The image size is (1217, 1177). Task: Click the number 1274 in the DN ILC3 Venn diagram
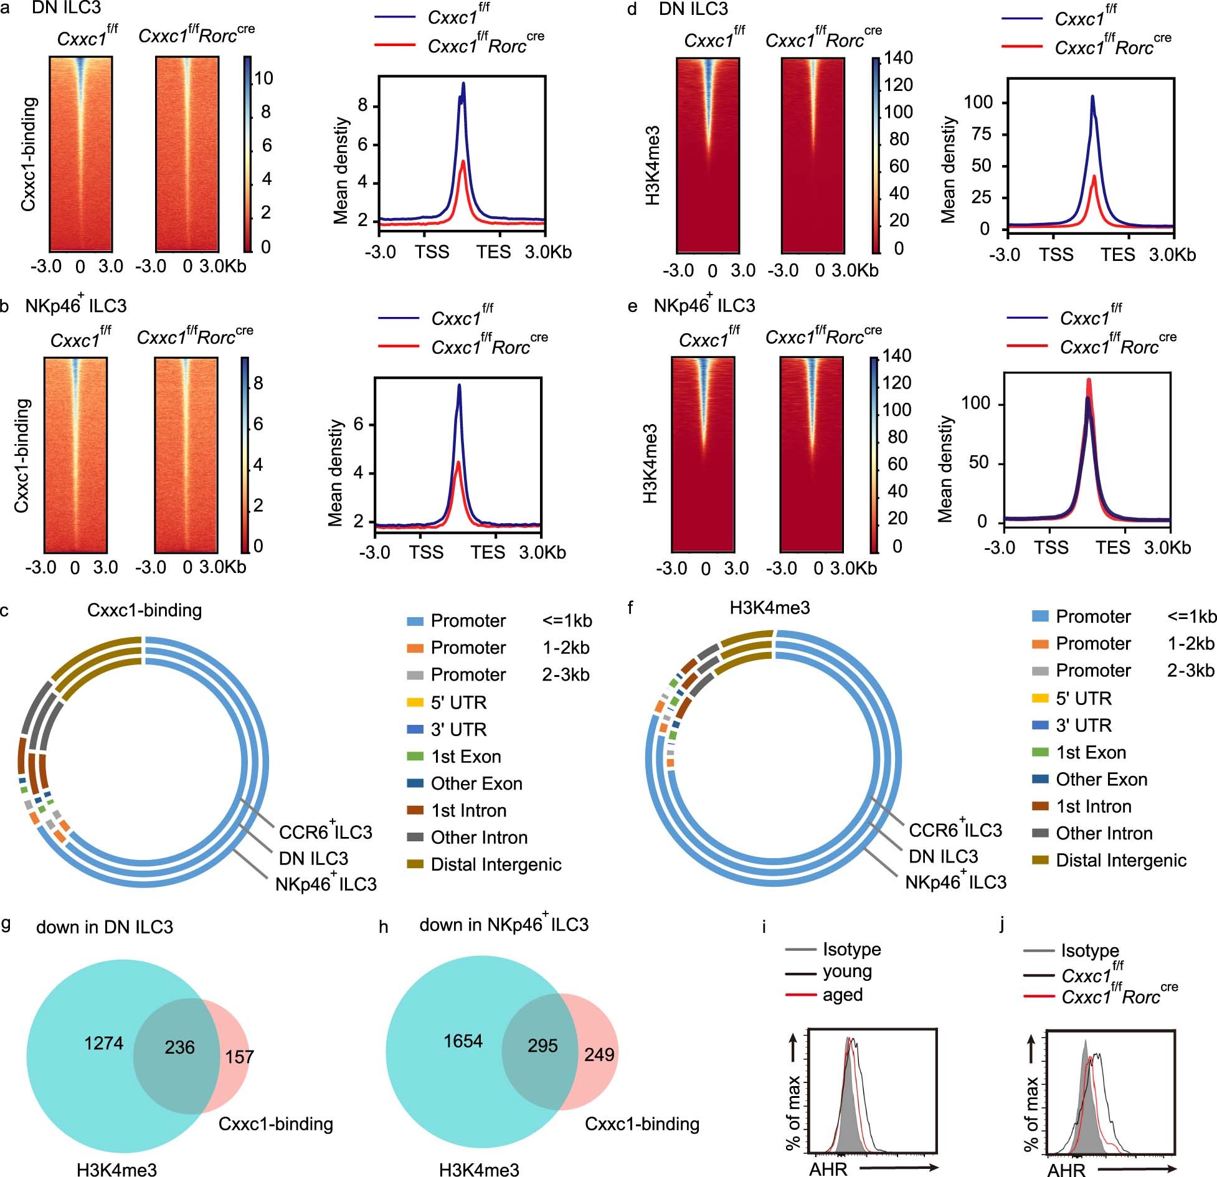point(104,1043)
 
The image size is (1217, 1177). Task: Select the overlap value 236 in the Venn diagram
point(179,1047)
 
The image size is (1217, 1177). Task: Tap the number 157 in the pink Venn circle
point(239,1057)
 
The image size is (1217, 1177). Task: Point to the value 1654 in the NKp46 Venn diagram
point(463,1041)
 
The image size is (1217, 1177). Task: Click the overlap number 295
point(542,1045)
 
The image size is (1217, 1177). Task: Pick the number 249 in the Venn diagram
point(599,1054)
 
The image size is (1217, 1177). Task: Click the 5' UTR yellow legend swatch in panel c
point(415,702)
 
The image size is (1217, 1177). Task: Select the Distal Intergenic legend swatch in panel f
point(1040,860)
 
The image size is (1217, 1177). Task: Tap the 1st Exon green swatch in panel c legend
point(415,757)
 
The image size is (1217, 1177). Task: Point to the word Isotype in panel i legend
point(851,949)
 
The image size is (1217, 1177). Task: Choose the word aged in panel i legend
point(842,995)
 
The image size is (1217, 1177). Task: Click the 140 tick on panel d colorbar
point(898,58)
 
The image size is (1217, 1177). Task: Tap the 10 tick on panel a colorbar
point(263,78)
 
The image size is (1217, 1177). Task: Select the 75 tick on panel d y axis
point(982,135)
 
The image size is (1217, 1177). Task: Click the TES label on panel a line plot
point(493,252)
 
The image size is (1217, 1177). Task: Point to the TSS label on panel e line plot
point(1051,548)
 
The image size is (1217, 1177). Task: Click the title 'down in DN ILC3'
point(105,927)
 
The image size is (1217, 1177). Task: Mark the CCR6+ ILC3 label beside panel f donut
point(955,830)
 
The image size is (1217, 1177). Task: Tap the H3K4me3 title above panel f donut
point(770,608)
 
